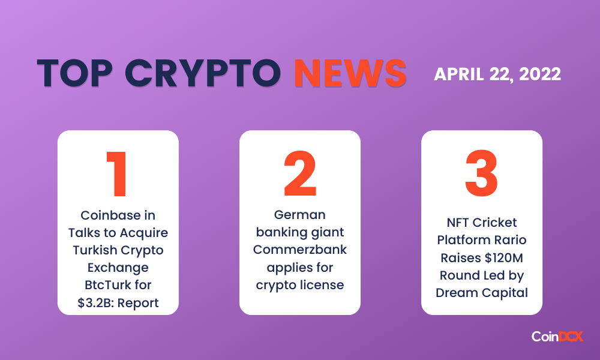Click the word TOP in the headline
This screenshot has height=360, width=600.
[75, 73]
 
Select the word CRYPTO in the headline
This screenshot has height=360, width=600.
[203, 73]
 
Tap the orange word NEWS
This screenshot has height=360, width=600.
[350, 73]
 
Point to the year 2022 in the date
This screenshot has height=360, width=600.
[540, 74]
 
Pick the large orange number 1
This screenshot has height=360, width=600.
[117, 174]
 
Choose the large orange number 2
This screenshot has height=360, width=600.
[300, 173]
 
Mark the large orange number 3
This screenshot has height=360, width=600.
[481, 173]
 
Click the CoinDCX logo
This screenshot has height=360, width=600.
[557, 336]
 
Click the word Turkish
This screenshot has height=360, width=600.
[95, 250]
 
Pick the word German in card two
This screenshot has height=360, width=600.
[299, 215]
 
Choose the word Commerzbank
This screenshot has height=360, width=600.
[299, 250]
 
